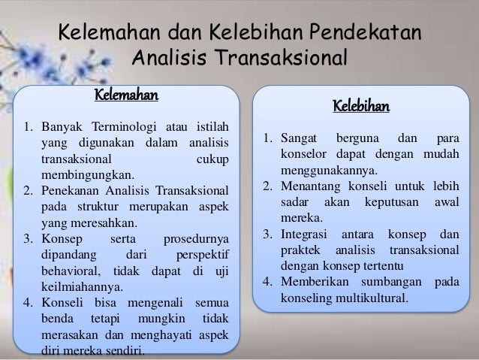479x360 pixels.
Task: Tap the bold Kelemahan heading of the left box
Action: (125, 95)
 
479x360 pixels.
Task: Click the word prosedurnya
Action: (195, 236)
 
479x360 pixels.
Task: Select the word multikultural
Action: (363, 297)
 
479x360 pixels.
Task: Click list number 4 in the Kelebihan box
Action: (267, 281)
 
